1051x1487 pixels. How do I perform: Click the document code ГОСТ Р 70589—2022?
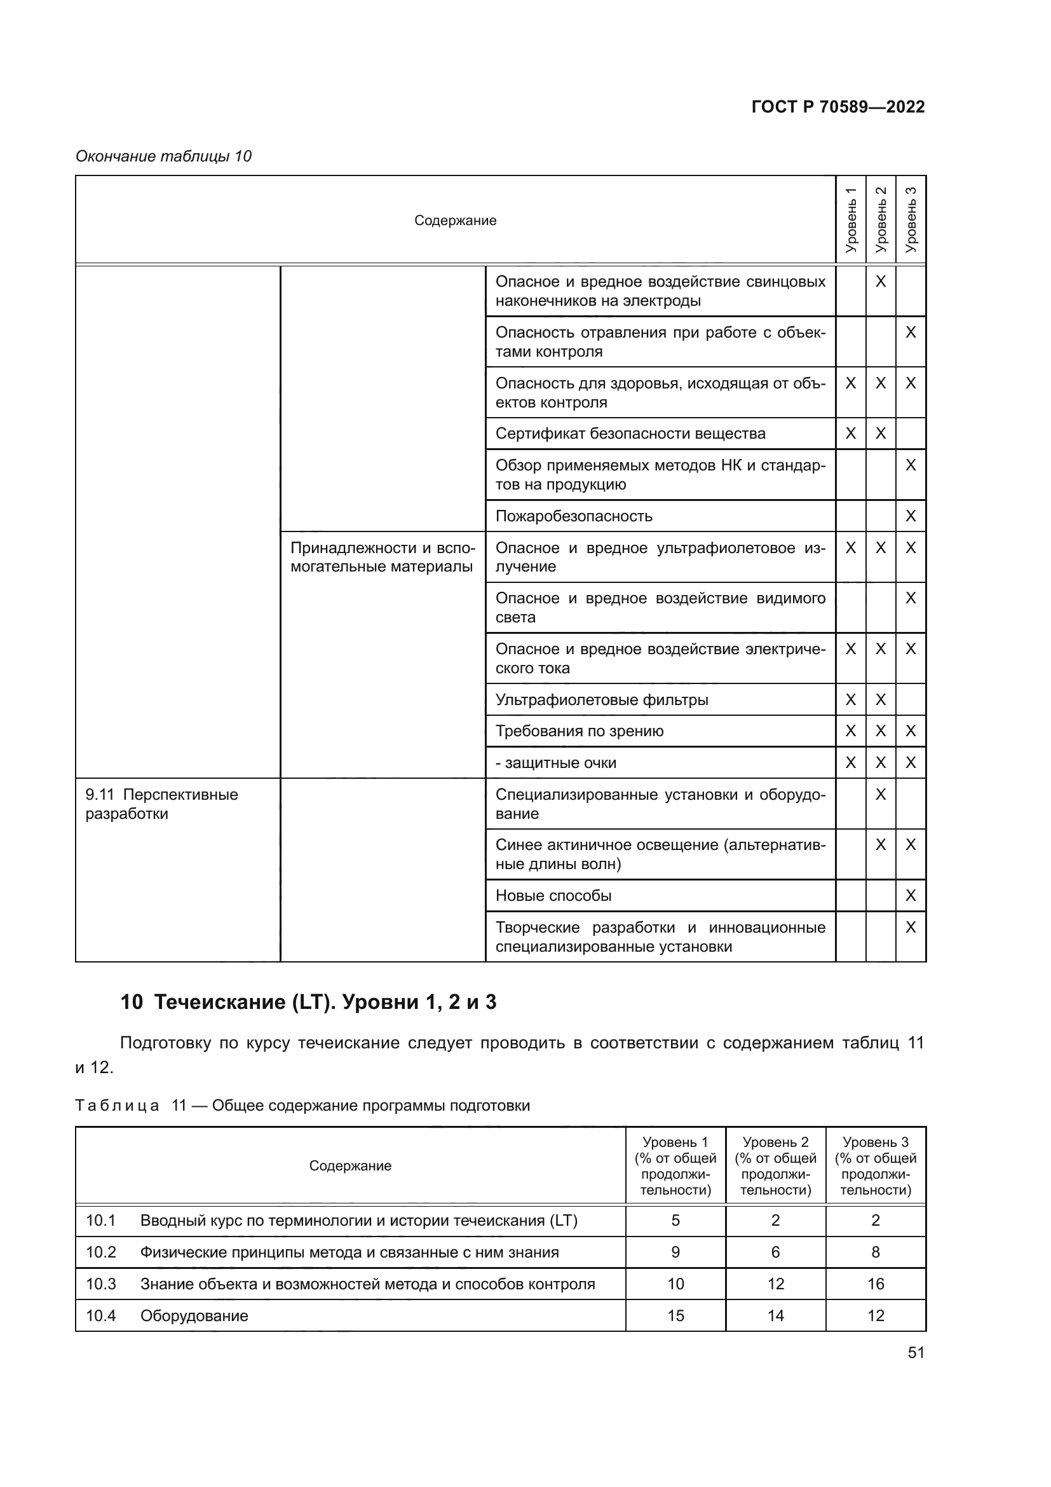click(x=838, y=107)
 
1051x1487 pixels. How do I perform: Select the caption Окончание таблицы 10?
click(x=163, y=156)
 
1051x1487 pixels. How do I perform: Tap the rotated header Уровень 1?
click(x=850, y=220)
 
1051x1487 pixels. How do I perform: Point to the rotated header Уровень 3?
click(x=911, y=220)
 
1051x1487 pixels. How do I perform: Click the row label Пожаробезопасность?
click(x=573, y=516)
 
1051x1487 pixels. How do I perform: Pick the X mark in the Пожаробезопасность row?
click(x=911, y=516)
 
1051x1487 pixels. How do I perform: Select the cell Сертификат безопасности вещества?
click(x=630, y=434)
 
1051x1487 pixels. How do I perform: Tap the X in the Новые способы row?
click(x=911, y=896)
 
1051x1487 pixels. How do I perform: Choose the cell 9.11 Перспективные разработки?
click(x=162, y=804)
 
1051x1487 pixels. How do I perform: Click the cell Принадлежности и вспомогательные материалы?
click(x=382, y=557)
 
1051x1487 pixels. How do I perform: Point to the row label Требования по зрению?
click(x=580, y=731)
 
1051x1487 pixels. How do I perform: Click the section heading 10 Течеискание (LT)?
click(x=308, y=1002)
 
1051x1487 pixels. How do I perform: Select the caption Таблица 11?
click(x=302, y=1106)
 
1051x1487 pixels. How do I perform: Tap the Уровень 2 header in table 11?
click(x=775, y=1166)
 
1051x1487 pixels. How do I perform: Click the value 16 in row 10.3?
click(x=875, y=1284)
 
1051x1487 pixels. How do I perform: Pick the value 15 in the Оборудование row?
click(x=675, y=1315)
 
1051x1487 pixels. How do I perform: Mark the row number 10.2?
click(x=101, y=1252)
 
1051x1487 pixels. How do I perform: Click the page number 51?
click(x=916, y=1352)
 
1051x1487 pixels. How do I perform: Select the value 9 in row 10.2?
click(x=675, y=1252)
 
